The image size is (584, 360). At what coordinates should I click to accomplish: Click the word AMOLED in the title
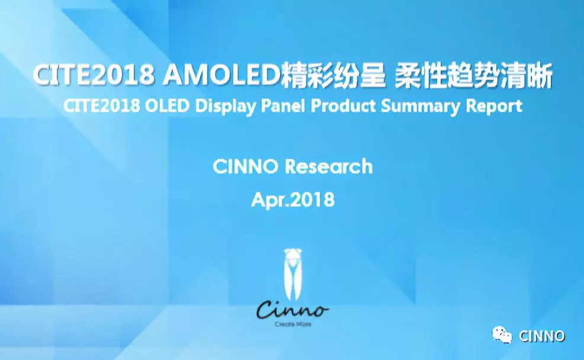pyautogui.click(x=222, y=74)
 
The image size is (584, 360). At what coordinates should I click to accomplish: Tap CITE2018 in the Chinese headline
pyautogui.click(x=94, y=74)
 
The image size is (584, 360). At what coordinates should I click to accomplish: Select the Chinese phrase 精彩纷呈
pyautogui.click(x=333, y=74)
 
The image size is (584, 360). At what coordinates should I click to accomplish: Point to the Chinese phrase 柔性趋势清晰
pyautogui.click(x=473, y=75)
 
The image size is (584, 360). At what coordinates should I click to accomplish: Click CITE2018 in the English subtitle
pyautogui.click(x=102, y=106)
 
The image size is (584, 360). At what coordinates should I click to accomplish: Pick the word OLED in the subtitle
pyautogui.click(x=167, y=106)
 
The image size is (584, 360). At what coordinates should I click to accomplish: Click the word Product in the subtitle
pyautogui.click(x=344, y=106)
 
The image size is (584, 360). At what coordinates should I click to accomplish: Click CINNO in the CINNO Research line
pyautogui.click(x=245, y=166)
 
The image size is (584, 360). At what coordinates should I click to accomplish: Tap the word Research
pyautogui.click(x=329, y=166)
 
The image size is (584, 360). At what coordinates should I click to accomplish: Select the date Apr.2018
pyautogui.click(x=293, y=200)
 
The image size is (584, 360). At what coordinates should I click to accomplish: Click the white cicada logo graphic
pyautogui.click(x=293, y=274)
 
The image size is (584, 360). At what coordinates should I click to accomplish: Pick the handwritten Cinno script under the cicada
pyautogui.click(x=293, y=310)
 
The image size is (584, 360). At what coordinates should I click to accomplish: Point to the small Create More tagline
pyautogui.click(x=293, y=324)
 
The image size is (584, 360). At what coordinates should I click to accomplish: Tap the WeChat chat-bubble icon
pyautogui.click(x=502, y=335)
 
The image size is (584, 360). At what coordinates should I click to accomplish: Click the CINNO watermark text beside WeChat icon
pyautogui.click(x=542, y=336)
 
